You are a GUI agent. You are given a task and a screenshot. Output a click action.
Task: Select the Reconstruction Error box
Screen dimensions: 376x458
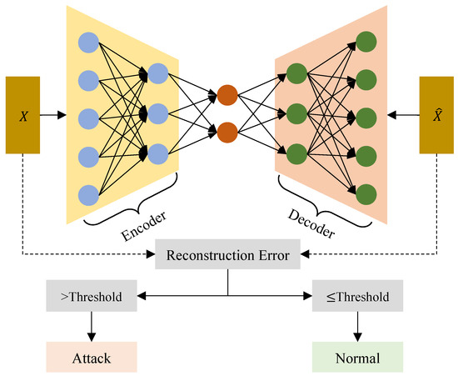[228, 255]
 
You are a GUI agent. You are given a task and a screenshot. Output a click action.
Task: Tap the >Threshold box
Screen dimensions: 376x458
[91, 295]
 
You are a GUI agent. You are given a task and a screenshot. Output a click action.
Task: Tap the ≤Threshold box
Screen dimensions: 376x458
[357, 295]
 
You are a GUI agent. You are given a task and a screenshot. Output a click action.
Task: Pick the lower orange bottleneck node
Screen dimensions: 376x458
[227, 132]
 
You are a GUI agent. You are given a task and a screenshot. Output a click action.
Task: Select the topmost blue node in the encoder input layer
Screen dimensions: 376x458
[88, 43]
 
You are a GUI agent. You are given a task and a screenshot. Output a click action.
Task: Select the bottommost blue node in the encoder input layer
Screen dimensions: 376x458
[88, 195]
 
